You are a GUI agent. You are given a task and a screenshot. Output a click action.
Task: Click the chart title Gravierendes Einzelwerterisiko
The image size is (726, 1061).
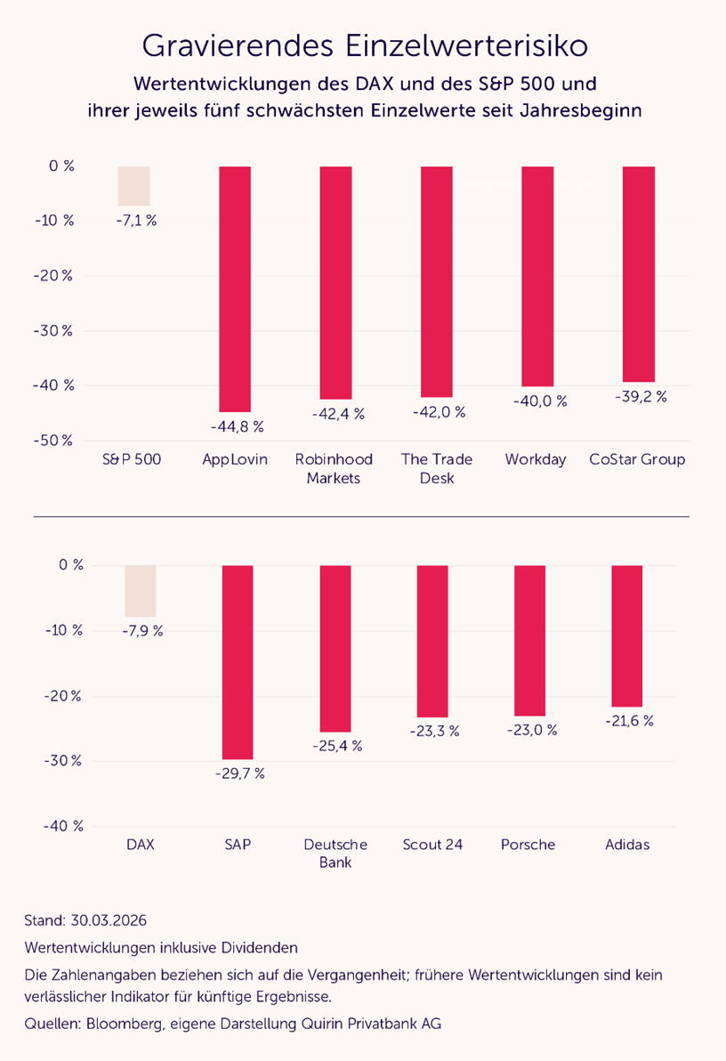coord(365,45)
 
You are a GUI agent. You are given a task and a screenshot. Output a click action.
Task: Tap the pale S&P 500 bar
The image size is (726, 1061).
coord(133,186)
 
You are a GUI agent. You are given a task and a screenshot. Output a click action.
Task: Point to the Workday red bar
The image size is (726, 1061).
coord(537,276)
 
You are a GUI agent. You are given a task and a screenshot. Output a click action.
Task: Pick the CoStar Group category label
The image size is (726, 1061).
coord(637,460)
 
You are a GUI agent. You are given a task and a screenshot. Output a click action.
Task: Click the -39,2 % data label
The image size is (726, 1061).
coord(640,397)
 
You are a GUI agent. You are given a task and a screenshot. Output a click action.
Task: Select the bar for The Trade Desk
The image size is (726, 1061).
coord(437,281)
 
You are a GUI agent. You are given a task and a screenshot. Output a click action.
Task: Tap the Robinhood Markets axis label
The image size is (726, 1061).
coord(334,469)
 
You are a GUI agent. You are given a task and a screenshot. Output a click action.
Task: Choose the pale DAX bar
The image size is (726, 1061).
coord(140,591)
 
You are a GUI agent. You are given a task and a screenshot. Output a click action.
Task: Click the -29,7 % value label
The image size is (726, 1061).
coord(239,773)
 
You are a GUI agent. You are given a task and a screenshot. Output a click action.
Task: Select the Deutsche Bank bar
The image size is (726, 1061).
coord(335,648)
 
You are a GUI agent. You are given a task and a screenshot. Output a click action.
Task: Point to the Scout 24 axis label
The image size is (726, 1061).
coord(432,845)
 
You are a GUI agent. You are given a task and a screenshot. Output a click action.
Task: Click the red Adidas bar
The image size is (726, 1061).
coord(627,636)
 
